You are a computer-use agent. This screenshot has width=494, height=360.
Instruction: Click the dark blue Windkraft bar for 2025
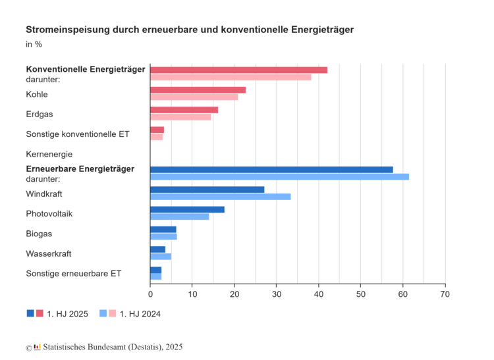pyautogui.click(x=207, y=190)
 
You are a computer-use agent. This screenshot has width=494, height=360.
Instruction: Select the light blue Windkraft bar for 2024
pyautogui.click(x=220, y=197)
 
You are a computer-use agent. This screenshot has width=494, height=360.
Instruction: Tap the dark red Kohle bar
pyautogui.click(x=198, y=90)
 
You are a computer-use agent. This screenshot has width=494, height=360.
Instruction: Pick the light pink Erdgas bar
pyautogui.click(x=180, y=117)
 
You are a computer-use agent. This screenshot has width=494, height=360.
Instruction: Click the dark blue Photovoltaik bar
pyautogui.click(x=187, y=209)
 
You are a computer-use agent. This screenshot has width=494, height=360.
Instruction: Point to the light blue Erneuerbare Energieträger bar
pyautogui.click(x=279, y=176)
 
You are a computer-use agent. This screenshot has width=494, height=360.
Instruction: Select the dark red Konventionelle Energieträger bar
pyautogui.click(x=238, y=70)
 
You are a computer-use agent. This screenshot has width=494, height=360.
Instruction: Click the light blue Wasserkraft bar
pyautogui.click(x=161, y=257)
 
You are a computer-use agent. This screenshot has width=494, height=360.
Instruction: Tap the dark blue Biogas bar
pyautogui.click(x=163, y=230)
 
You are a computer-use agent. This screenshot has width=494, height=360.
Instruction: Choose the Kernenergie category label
pyautogui.click(x=49, y=154)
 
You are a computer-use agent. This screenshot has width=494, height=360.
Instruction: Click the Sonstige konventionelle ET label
pyautogui.click(x=78, y=134)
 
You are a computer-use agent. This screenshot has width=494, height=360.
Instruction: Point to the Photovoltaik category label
pyautogui.click(x=49, y=214)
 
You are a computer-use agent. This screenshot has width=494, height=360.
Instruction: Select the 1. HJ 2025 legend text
pyautogui.click(x=67, y=314)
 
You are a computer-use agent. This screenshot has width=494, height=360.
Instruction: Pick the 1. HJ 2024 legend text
pyautogui.click(x=140, y=314)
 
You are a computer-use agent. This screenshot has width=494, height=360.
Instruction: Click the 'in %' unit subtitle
pyautogui.click(x=34, y=44)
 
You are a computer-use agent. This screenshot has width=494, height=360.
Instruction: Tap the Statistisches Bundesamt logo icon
pyautogui.click(x=38, y=347)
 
